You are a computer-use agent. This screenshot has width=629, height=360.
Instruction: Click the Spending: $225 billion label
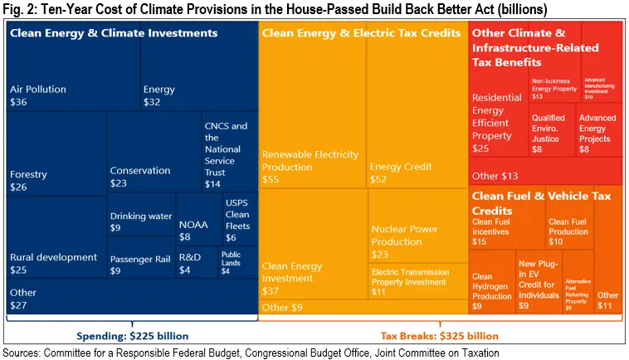point(132,336)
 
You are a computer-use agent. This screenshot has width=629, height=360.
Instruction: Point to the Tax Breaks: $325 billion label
point(439,336)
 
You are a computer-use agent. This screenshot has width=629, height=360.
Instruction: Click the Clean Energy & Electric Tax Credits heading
point(361,33)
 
